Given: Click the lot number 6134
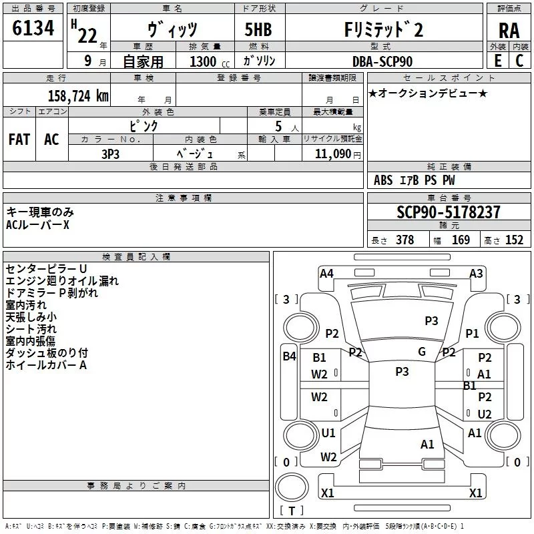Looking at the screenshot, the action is coord(33,27).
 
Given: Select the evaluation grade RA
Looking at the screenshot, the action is coord(509,31).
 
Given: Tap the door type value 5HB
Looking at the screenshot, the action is coord(258,29).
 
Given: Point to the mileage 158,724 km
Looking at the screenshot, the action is coord(78,96).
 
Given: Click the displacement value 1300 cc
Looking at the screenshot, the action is coord(210,61).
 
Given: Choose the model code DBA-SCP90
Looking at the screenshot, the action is coord(382,61).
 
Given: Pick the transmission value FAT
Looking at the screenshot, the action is coord(19,140).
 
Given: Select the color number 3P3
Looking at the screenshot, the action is coord(110,154).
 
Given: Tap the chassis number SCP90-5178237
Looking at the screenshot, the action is coord(449,212).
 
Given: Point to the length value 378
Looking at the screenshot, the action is coord(405,240).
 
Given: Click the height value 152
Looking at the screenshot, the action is coord(514,240).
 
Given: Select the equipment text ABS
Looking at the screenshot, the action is coord(383,180).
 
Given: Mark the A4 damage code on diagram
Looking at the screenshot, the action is coord(326,274).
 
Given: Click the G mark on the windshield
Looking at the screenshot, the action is coord(422,352).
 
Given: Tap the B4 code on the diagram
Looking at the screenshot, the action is coord(289,356).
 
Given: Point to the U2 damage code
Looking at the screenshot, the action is coord(485,414).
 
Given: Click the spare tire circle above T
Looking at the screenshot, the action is coord(292,487).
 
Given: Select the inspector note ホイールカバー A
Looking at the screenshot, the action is coord(46,365).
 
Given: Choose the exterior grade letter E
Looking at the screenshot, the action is coord(497,61).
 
